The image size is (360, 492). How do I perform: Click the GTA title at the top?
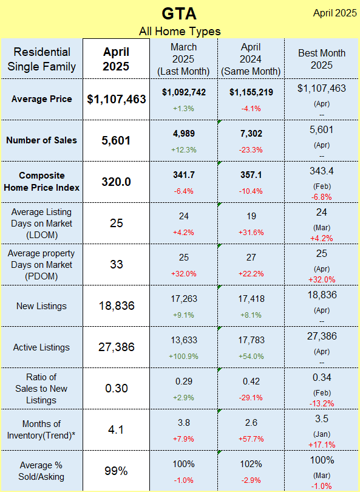coord(179,13)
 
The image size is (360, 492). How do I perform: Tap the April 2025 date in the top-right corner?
coord(335,13)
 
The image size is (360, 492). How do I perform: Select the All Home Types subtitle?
coord(180,32)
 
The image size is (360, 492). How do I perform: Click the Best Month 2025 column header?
coord(322,59)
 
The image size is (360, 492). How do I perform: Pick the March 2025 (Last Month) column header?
coord(183,60)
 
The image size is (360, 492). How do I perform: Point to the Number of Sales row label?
coord(42,140)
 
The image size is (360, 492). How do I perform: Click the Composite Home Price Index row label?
coord(42,182)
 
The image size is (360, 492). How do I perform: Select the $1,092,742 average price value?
coord(184,92)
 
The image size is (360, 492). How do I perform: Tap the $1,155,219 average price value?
coord(251,92)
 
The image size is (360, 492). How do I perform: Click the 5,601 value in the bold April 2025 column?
coord(116,140)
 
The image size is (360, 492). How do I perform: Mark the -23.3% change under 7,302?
coord(251,150)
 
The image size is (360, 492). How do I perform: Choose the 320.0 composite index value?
coord(116,182)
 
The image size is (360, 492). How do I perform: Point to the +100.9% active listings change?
coord(184,357)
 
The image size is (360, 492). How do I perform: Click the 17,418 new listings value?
coord(251,299)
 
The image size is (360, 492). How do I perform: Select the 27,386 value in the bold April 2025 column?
coord(116,347)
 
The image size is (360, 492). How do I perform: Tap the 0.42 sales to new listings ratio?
coord(251,381)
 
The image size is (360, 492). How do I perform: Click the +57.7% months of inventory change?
coord(251,439)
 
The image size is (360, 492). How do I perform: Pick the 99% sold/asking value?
coord(116,471)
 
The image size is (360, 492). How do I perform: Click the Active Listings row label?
coord(41,347)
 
